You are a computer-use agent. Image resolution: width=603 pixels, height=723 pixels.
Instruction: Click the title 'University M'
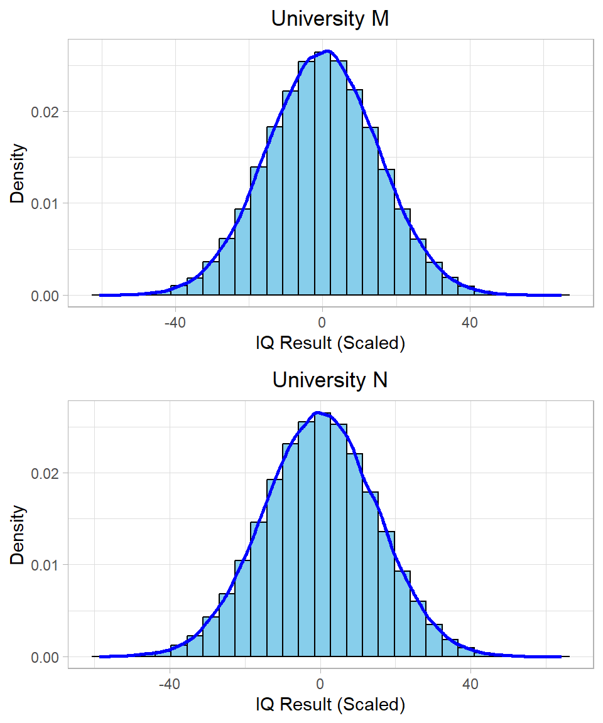[330, 19]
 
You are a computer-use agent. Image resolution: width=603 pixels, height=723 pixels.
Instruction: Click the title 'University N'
[330, 380]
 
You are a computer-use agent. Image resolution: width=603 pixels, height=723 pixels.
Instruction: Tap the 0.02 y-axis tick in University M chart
[45, 112]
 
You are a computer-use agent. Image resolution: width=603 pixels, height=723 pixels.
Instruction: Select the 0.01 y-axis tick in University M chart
[45, 203]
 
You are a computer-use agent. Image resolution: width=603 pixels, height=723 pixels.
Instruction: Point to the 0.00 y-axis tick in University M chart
[45, 296]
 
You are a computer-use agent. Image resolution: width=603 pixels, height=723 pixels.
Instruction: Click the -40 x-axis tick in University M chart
[175, 322]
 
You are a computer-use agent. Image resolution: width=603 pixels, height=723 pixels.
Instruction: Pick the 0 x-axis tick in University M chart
[322, 322]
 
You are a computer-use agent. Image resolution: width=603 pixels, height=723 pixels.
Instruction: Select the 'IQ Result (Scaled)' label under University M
[330, 343]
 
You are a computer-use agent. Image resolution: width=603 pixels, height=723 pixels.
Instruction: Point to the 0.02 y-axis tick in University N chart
[45, 473]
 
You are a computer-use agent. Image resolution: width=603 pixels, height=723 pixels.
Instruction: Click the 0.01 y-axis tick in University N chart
[45, 565]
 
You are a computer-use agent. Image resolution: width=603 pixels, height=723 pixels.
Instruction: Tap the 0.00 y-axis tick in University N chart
[45, 657]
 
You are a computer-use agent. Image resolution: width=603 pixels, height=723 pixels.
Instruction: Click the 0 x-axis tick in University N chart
[320, 683]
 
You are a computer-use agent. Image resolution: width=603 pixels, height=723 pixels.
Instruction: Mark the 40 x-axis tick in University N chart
[470, 683]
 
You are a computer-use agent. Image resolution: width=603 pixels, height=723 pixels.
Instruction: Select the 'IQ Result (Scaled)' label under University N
[330, 705]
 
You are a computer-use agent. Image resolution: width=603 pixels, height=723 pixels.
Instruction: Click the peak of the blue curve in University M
[327, 51]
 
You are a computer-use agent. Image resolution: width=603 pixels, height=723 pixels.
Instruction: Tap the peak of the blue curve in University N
[318, 412]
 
